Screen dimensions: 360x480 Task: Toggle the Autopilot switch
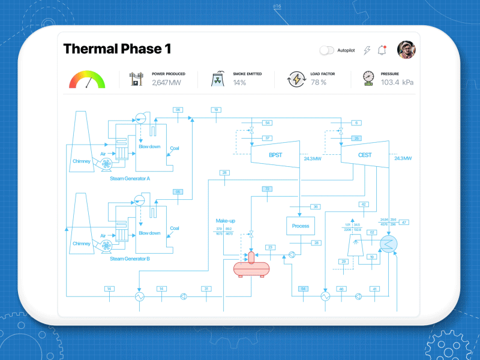click(327, 50)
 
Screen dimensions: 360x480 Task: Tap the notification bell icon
click(382, 50)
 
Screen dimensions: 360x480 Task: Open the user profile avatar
click(406, 50)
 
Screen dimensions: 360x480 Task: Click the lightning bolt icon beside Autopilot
click(367, 50)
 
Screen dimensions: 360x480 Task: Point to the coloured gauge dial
click(87, 80)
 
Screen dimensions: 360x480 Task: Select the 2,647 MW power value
click(166, 83)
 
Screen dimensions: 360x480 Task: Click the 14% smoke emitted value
click(239, 83)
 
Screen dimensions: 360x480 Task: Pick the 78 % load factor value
click(319, 83)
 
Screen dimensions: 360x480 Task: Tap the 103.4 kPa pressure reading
click(397, 82)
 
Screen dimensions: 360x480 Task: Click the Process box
click(301, 226)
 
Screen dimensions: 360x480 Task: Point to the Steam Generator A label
click(130, 178)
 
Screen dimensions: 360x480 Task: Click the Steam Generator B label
click(130, 259)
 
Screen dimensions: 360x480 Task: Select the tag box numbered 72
click(268, 189)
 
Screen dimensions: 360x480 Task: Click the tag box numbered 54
click(268, 123)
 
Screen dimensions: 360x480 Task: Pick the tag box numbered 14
click(109, 289)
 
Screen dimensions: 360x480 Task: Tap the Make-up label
click(226, 221)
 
